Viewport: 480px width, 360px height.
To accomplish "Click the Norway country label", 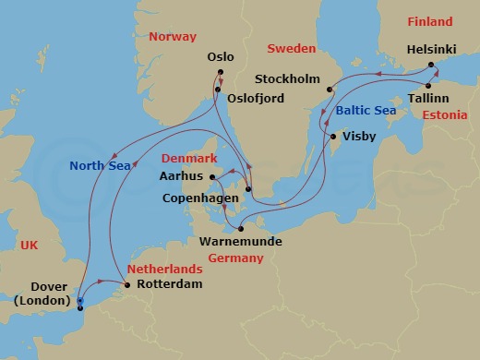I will [173, 37].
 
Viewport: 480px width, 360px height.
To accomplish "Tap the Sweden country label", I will [291, 48].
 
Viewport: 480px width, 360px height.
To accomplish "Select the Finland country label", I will [430, 21].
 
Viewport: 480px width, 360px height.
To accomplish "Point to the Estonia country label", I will [444, 115].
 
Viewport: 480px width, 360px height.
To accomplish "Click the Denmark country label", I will [186, 158].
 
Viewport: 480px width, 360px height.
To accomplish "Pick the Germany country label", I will [235, 258].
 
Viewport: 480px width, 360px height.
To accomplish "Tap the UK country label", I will [29, 245].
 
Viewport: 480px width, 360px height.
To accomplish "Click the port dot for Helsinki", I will [431, 66].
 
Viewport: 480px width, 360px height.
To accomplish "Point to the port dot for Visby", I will [334, 137].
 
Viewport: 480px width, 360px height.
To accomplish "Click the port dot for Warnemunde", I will [240, 228].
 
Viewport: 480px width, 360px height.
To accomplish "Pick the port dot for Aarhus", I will [212, 176].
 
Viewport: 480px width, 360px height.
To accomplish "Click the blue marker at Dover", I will [80, 301].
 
